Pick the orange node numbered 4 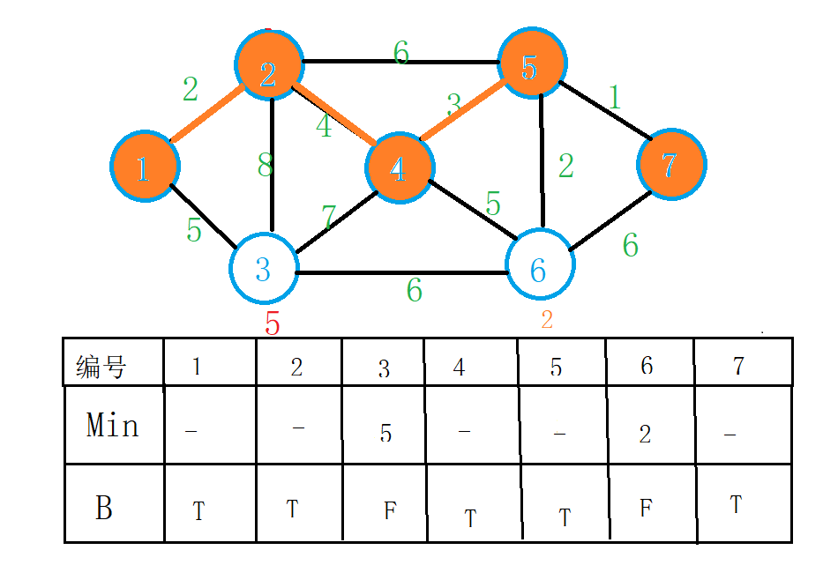tap(400, 168)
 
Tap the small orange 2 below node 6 tap(547, 320)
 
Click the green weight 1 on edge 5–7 tap(614, 98)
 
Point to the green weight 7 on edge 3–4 tap(329, 216)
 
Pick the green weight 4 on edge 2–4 tap(325, 126)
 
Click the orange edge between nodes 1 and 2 tap(206, 115)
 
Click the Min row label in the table tap(113, 426)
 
